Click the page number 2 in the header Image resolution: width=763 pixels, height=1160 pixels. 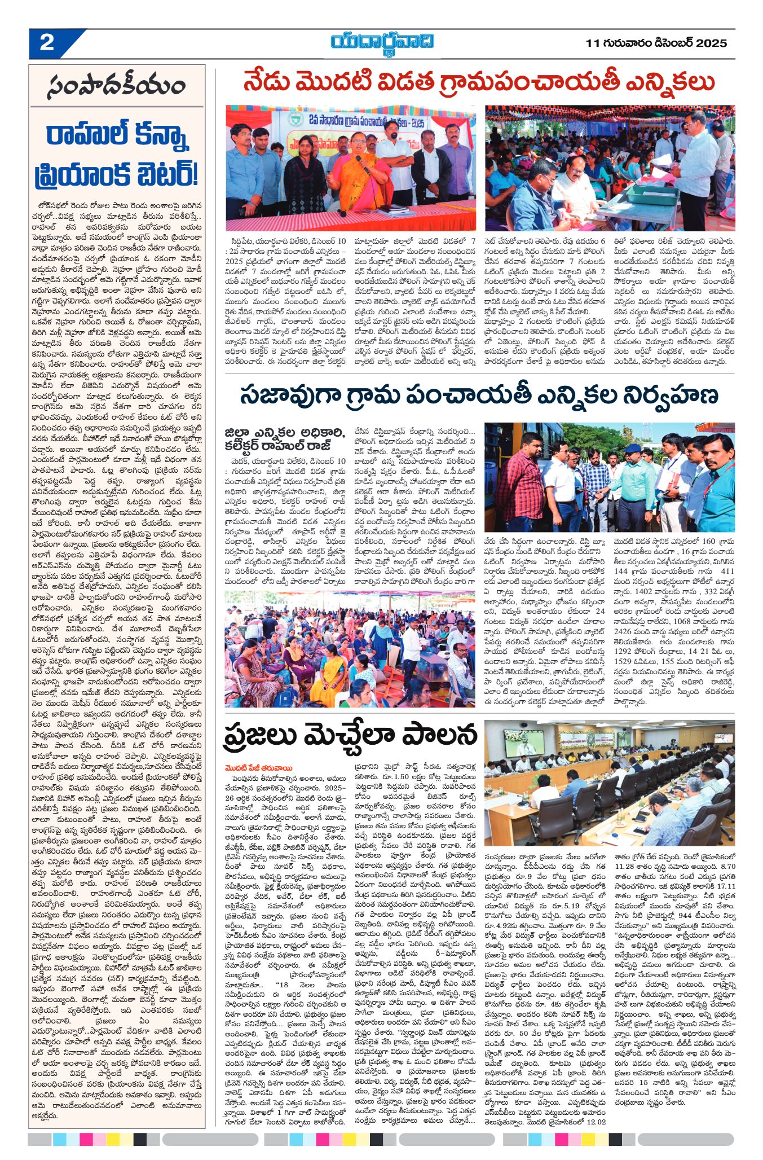(x=47, y=43)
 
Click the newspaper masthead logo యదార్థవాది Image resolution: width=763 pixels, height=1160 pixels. (x=382, y=43)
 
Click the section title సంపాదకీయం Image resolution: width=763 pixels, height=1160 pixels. (x=117, y=87)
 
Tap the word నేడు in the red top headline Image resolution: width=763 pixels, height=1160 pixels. (x=268, y=83)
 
